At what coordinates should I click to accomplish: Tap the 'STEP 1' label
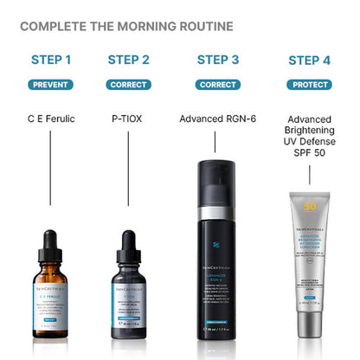[51, 60]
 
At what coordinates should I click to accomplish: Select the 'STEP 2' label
[128, 60]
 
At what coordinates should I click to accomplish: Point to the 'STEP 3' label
[218, 60]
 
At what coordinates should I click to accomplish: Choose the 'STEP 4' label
[309, 60]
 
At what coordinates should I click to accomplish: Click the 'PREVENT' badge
[51, 85]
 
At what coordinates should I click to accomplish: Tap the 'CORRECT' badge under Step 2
[128, 85]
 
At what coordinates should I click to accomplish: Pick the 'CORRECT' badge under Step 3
[218, 85]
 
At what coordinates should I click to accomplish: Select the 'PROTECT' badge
[309, 85]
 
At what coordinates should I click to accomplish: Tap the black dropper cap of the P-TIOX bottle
[129, 243]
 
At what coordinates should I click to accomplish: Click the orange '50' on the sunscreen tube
[310, 209]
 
